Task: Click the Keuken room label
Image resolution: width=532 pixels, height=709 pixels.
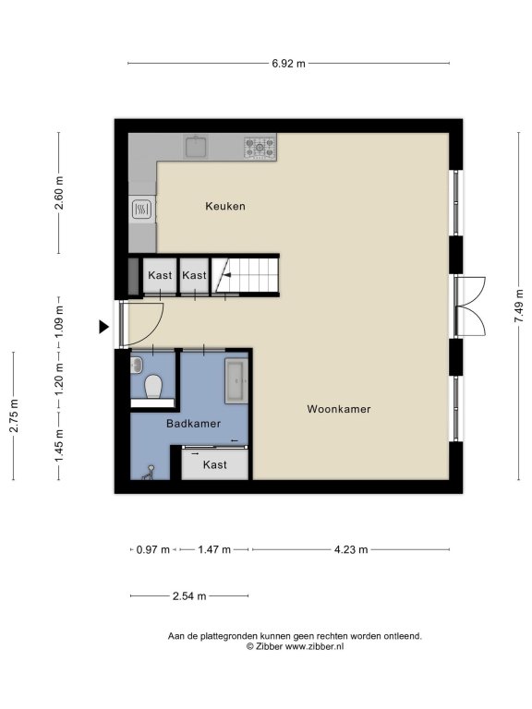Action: [x=225, y=206]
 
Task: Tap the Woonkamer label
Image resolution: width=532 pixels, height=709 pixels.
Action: [x=339, y=409]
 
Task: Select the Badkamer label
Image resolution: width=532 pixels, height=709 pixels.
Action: [x=194, y=424]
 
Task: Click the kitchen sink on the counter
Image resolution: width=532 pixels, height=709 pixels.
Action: [x=196, y=147]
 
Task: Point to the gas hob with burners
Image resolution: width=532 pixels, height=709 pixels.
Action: [x=260, y=147]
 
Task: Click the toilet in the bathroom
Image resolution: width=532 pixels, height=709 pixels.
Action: [x=153, y=387]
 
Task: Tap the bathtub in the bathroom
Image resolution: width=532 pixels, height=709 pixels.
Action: [x=236, y=381]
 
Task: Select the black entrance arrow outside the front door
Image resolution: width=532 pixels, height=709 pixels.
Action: [x=104, y=327]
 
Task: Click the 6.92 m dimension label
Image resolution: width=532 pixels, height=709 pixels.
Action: [x=288, y=64]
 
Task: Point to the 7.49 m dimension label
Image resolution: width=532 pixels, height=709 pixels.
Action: [x=518, y=306]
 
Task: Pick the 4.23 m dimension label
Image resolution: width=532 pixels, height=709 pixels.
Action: [x=351, y=550]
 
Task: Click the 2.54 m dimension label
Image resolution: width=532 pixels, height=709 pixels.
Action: [x=189, y=596]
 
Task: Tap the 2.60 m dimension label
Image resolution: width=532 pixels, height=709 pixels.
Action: [x=59, y=193]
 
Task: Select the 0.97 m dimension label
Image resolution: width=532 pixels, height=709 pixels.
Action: [x=153, y=550]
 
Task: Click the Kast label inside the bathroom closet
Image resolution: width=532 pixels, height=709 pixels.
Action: [x=215, y=465]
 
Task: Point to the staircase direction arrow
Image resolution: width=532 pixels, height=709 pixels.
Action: [x=227, y=275]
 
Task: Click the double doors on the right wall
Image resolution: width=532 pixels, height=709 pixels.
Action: [x=470, y=306]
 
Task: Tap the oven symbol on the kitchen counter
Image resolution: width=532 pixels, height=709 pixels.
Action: [x=141, y=210]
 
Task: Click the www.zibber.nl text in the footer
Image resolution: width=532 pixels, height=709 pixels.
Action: [x=313, y=646]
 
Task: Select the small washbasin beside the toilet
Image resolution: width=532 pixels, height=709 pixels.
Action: [x=136, y=365]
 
